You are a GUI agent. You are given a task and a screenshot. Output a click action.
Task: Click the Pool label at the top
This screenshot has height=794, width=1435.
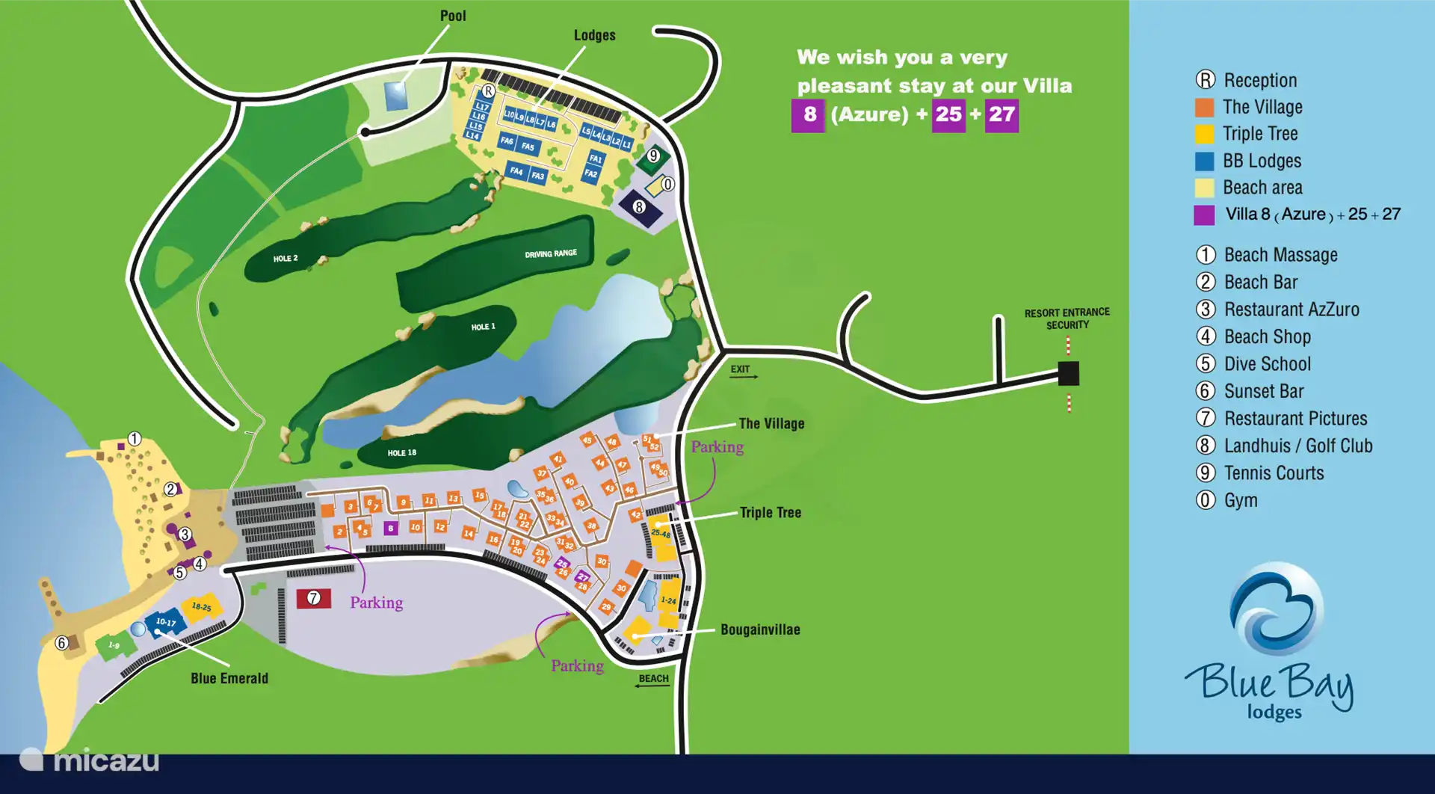coord(453,16)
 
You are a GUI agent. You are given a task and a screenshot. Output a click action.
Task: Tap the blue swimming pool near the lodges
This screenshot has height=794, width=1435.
coord(395,96)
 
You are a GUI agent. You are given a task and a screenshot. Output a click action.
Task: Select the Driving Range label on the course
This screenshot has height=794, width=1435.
coord(550,254)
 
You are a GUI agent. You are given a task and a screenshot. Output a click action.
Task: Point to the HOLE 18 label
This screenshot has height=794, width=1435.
coord(401,453)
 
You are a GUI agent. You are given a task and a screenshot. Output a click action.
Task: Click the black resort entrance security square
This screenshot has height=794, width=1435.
coord(1068,372)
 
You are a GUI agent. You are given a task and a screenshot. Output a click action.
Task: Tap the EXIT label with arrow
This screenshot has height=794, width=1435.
coord(741,370)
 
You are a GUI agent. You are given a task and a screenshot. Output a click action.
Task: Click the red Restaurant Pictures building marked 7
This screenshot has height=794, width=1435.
coord(314,598)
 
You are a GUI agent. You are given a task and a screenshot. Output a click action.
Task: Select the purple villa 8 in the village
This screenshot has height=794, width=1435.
coord(390,529)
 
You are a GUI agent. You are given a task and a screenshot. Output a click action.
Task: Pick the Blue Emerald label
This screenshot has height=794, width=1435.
coord(229,679)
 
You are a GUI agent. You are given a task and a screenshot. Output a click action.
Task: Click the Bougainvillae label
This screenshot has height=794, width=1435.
coord(759,630)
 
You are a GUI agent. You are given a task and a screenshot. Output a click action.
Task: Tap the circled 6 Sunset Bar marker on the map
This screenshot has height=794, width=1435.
coord(62,642)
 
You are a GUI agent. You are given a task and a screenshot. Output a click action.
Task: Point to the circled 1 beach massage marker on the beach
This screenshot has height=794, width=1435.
coord(135,439)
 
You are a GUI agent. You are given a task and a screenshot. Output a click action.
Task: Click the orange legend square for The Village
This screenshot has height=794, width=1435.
coord(1204,108)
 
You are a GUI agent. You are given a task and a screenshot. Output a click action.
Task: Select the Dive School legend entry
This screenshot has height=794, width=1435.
coord(1267,364)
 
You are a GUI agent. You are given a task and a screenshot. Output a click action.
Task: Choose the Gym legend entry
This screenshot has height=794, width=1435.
coord(1240,501)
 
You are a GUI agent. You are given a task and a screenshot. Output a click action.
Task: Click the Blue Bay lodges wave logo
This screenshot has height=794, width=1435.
coord(1276,609)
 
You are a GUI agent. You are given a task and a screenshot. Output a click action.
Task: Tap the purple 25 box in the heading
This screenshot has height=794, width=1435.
coord(948,115)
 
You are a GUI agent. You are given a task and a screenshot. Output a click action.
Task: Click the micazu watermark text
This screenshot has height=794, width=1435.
coord(105,761)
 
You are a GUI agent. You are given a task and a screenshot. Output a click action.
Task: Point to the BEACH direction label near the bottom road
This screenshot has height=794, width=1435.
coord(653,680)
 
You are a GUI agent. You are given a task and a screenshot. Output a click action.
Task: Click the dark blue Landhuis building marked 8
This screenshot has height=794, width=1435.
coord(640,208)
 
